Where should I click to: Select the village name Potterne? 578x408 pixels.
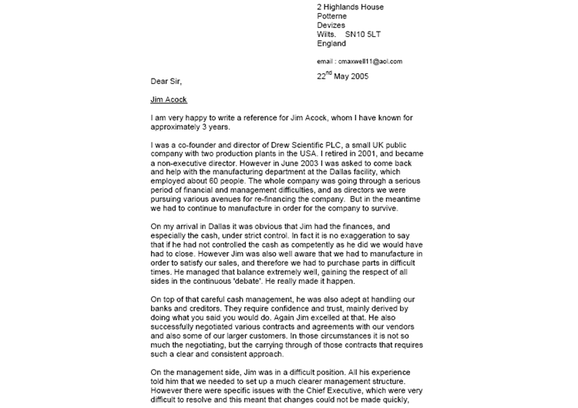332,16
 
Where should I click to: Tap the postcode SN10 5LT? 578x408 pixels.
364,35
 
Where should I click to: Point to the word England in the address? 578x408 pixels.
331,44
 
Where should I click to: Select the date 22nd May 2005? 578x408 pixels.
342,76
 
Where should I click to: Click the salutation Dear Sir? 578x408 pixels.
166,80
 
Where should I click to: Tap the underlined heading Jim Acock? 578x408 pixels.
169,99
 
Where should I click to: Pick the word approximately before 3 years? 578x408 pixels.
180,127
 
